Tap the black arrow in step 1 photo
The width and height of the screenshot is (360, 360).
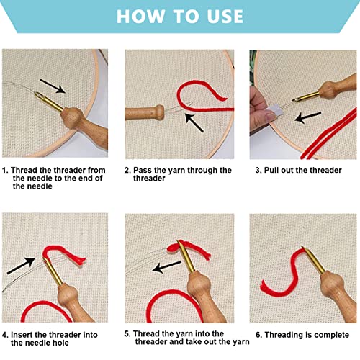(53, 86)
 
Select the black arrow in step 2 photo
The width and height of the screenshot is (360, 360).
(194, 122)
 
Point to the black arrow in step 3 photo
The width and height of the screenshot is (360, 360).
(308, 117)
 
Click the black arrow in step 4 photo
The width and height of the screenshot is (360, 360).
(22, 266)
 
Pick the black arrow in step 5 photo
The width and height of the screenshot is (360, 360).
(167, 267)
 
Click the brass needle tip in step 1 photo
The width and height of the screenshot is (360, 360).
(37, 94)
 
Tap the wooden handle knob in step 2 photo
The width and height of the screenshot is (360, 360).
(159, 112)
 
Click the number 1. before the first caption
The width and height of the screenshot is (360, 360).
(5, 170)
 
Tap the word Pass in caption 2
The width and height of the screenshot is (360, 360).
(142, 170)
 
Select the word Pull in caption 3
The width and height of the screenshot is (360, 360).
(271, 170)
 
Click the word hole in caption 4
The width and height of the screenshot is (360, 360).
(61, 343)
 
